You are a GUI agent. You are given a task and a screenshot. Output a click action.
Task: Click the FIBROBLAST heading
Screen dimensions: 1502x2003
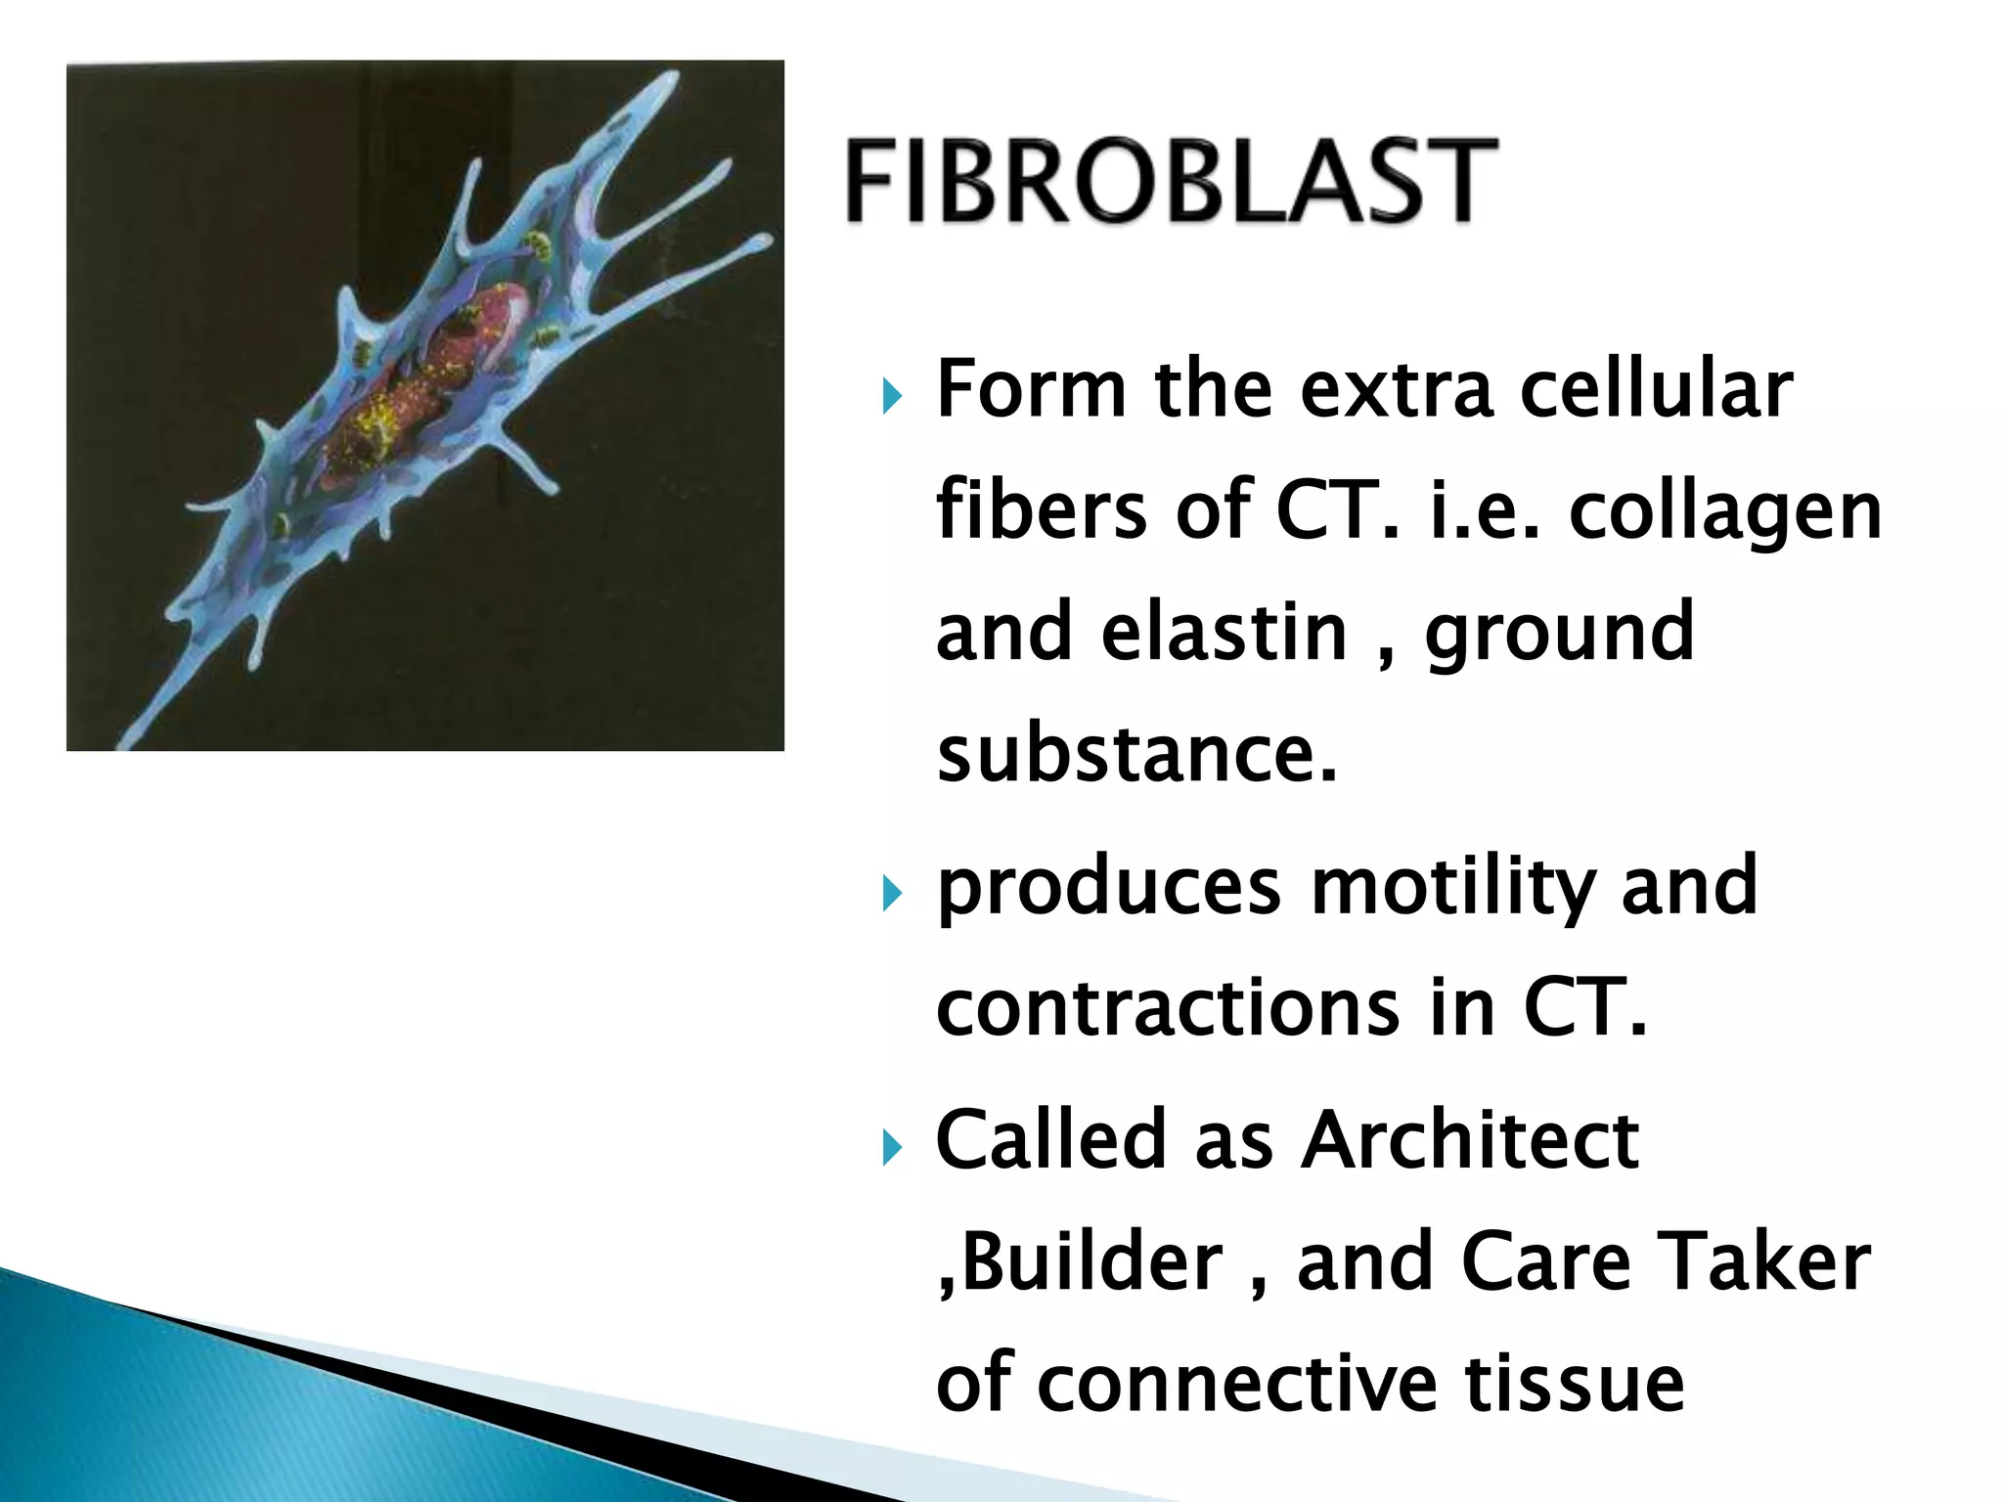(x=1171, y=181)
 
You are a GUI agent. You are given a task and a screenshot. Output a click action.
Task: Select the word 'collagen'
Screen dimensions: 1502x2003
(x=1725, y=512)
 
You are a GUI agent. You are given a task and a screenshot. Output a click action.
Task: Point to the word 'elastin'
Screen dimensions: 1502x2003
(x=1224, y=633)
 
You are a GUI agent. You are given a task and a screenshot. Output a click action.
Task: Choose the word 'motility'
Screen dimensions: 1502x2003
(x=1450, y=886)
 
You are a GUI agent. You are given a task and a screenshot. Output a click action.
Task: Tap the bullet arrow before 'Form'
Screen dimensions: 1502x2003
(x=890, y=397)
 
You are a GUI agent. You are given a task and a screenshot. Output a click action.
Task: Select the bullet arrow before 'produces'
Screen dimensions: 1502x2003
(x=890, y=893)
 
